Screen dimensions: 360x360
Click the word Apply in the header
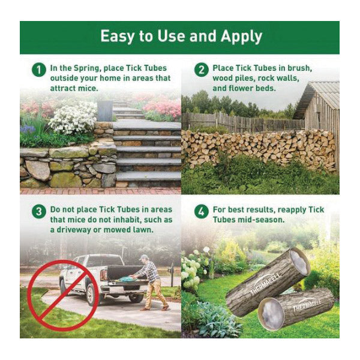tap(241, 36)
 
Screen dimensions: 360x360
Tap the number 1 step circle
tap(39, 70)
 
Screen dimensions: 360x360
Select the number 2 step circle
tap(202, 70)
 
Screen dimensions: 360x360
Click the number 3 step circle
tap(39, 211)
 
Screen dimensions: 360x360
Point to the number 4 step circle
tap(202, 211)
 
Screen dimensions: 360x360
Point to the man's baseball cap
tap(144, 257)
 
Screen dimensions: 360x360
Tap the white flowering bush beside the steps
tap(73, 118)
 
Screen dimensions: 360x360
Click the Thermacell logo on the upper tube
tap(265, 284)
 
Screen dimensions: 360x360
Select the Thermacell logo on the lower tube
tap(307, 305)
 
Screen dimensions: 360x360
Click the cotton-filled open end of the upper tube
tap(299, 262)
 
